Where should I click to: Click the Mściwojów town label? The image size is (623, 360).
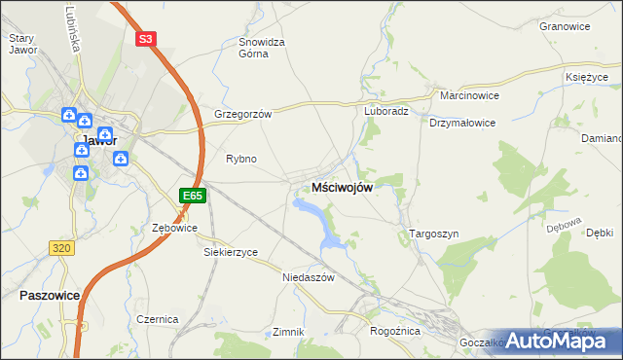(x=342, y=188)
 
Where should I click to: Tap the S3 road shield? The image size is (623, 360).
(x=145, y=39)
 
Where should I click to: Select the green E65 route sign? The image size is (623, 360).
(x=192, y=196)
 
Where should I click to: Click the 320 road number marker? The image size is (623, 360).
(x=61, y=248)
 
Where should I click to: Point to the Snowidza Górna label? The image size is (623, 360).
(x=262, y=48)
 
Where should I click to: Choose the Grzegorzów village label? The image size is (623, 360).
(x=242, y=113)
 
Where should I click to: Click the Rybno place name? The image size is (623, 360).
(x=240, y=159)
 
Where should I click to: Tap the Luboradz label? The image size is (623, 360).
(x=386, y=111)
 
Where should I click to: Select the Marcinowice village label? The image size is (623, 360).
(x=469, y=97)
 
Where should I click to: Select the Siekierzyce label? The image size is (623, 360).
(x=231, y=252)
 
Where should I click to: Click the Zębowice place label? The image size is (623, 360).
(x=175, y=228)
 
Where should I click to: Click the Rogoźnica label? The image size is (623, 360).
(x=394, y=331)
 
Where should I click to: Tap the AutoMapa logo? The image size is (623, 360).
(x=566, y=340)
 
